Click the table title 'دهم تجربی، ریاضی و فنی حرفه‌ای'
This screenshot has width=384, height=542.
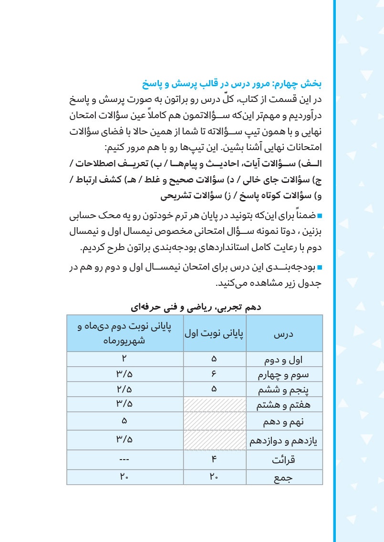(x=195, y=307)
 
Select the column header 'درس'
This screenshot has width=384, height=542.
(x=284, y=333)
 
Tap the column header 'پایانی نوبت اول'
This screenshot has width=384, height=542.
(x=214, y=333)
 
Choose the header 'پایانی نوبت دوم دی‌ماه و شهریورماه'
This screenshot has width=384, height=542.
(x=125, y=333)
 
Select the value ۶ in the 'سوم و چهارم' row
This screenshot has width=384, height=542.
(x=214, y=374)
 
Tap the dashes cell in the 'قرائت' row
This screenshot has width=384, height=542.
(x=125, y=461)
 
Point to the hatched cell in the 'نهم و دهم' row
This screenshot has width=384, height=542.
(x=214, y=421)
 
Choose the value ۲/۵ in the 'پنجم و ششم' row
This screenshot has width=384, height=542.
(x=125, y=390)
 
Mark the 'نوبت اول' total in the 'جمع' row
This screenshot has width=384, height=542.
(x=214, y=477)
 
